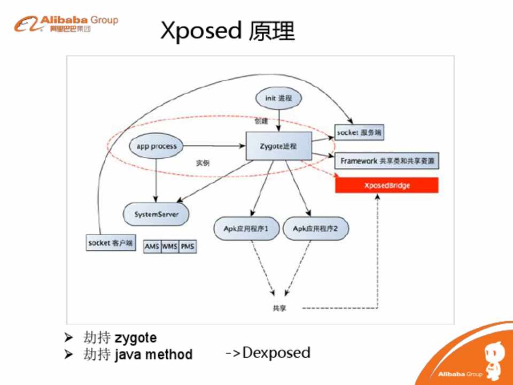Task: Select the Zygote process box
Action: pyautogui.click(x=278, y=146)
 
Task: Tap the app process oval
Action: pyautogui.click(x=156, y=146)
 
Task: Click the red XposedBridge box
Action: pyautogui.click(x=386, y=186)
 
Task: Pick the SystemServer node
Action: pyautogui.click(x=156, y=214)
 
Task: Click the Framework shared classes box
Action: pyautogui.click(x=387, y=160)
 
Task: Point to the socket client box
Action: pyautogui.click(x=111, y=243)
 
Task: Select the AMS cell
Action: pyautogui.click(x=152, y=247)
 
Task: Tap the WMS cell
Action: pyautogui.click(x=169, y=247)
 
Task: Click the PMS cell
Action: pyautogui.click(x=187, y=247)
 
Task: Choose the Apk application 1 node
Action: pyautogui.click(x=245, y=229)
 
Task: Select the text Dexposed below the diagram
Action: pyautogui.click(x=276, y=352)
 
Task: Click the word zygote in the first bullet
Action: pyautogui.click(x=136, y=338)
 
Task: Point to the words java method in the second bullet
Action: pyautogui.click(x=153, y=355)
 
